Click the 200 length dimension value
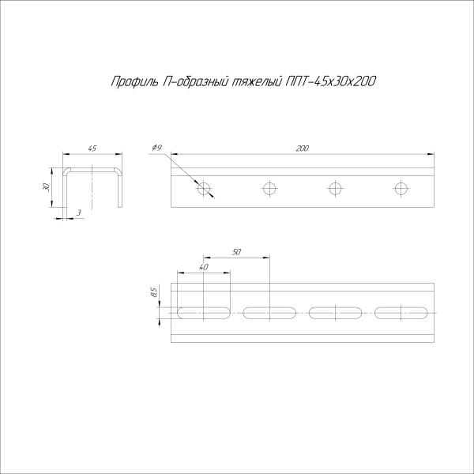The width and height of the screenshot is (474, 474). [303, 148]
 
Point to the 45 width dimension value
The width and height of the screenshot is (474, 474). [92, 148]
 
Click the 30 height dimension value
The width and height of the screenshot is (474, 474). [47, 187]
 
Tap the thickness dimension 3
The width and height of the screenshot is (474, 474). [79, 213]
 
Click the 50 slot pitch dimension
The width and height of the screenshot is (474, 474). [236, 251]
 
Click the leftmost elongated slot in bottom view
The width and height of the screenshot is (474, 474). [205, 313]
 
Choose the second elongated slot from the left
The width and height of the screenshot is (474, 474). [270, 313]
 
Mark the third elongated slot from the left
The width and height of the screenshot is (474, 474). [336, 313]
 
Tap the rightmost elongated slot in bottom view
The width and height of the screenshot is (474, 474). [401, 313]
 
